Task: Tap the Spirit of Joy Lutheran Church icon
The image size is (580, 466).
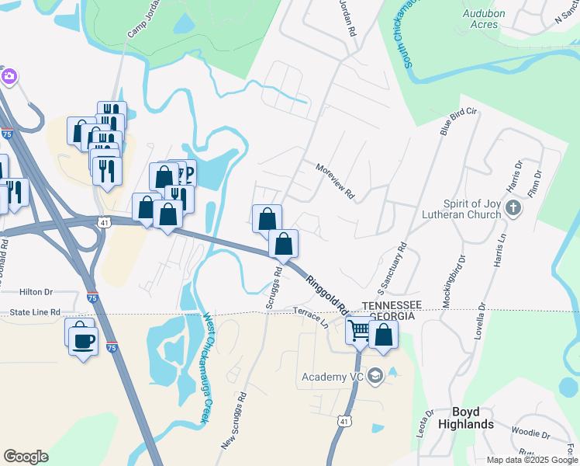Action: tap(513, 207)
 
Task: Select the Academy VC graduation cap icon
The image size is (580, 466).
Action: tap(375, 377)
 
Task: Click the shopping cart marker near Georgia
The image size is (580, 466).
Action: tap(360, 330)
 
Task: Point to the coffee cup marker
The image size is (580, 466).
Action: tap(83, 339)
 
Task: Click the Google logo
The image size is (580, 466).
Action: tap(26, 457)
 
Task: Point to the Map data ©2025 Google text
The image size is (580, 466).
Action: tap(531, 460)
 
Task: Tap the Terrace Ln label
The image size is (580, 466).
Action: tap(312, 316)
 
